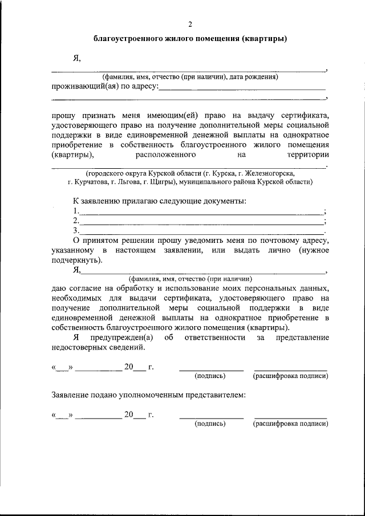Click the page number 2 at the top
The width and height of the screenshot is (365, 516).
190,24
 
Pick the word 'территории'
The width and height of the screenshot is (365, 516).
309,154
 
